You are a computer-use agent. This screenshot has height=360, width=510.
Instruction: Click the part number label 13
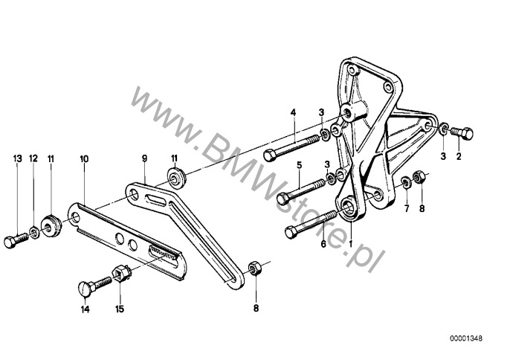[x=18, y=158]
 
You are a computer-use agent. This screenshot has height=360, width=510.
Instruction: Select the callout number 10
[x=84, y=159]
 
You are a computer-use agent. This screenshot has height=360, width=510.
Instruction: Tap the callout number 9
[x=144, y=158]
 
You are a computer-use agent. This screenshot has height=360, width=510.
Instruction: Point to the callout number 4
[x=294, y=112]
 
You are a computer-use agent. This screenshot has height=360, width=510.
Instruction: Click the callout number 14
[x=85, y=309]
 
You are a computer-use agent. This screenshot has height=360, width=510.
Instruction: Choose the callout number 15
[x=120, y=309]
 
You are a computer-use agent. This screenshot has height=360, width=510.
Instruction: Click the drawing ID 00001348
[x=466, y=338]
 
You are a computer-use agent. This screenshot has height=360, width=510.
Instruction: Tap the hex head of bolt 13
[x=10, y=242]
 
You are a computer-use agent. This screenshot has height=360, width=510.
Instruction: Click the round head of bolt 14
[x=85, y=289]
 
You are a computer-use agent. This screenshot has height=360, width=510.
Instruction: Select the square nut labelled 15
[x=122, y=272]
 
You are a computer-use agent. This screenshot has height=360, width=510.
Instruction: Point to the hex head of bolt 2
[x=467, y=133]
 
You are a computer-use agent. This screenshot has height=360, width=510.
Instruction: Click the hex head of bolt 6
[x=291, y=232]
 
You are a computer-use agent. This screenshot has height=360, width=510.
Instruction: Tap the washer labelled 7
[x=406, y=182]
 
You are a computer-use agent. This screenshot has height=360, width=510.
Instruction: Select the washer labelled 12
[x=34, y=232]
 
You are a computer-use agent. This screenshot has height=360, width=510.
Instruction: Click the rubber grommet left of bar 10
[x=51, y=225]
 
